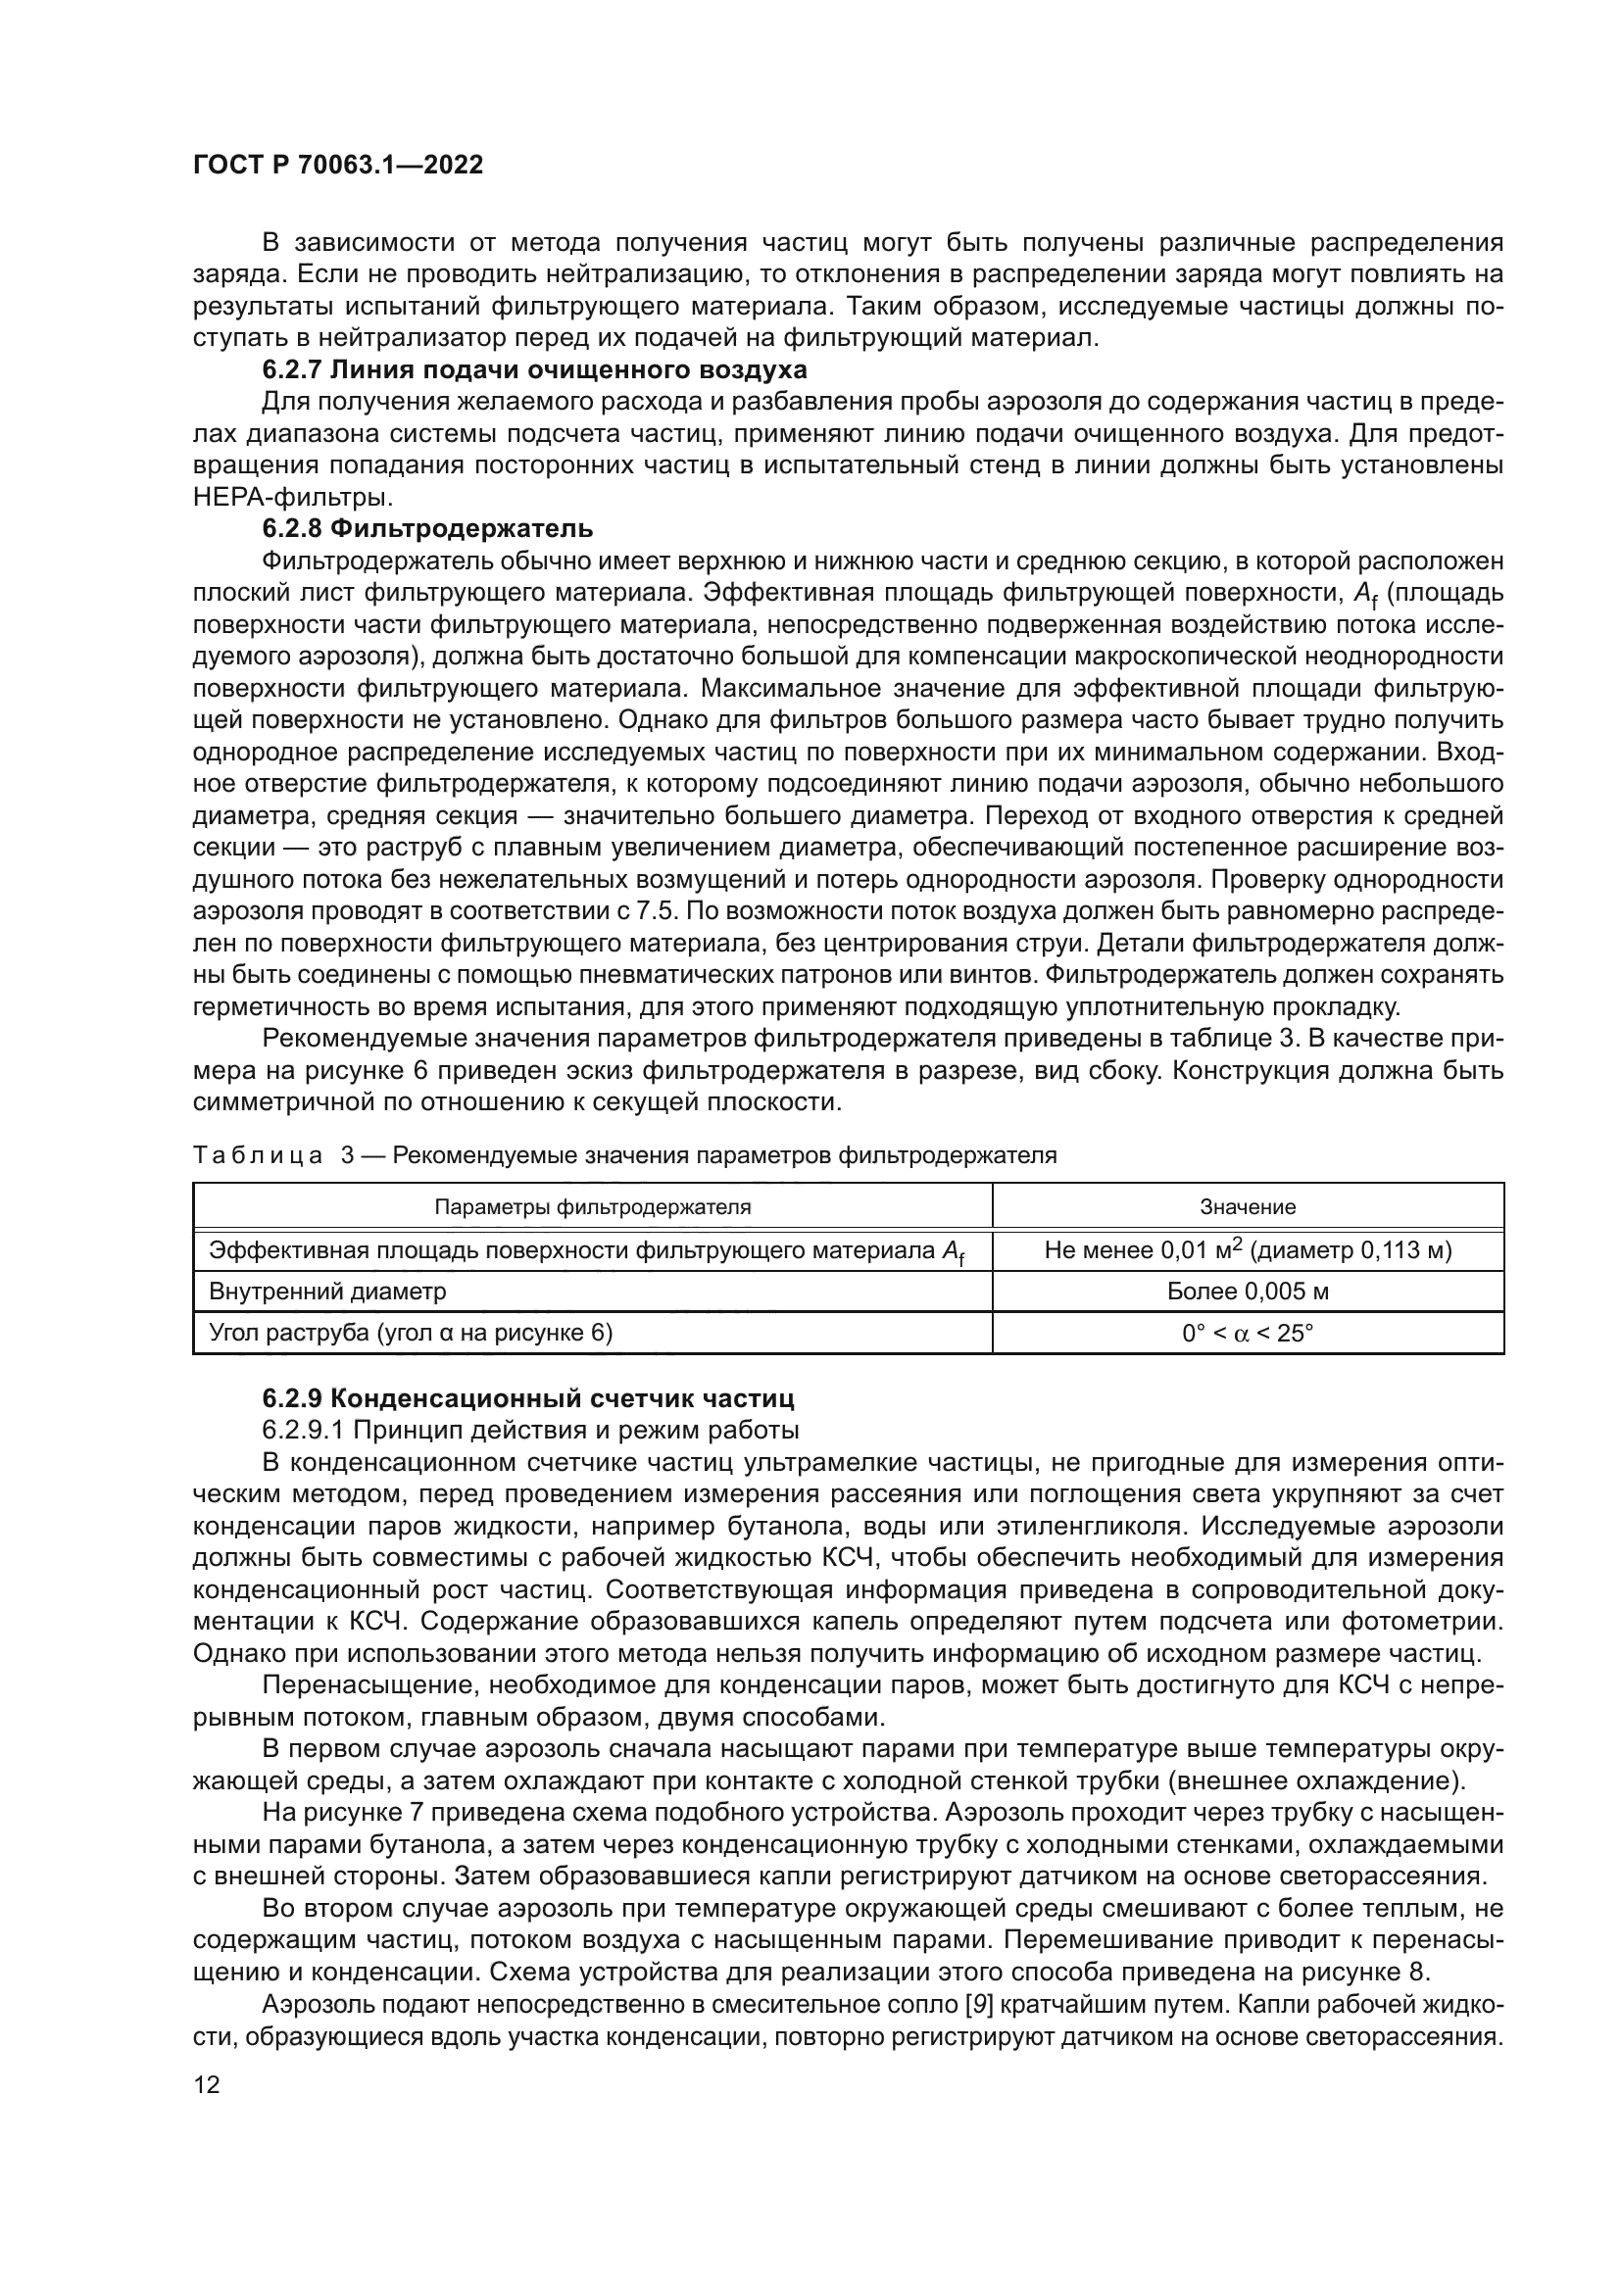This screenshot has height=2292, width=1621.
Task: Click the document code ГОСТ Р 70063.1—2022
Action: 337,166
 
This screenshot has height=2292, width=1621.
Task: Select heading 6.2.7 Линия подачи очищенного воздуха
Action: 534,370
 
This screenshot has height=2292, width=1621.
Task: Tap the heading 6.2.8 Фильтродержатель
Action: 427,528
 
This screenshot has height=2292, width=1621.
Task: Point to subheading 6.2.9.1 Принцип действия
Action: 530,1430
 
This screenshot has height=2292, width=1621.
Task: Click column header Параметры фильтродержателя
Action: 592,1207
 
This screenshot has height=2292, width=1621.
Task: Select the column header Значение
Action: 1247,1207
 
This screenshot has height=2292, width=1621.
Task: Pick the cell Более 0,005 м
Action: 1247,1292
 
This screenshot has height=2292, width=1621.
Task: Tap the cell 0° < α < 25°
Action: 1247,1334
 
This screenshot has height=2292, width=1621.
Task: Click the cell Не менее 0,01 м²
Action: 1247,1249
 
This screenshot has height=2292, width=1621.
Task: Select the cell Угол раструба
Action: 411,1334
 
